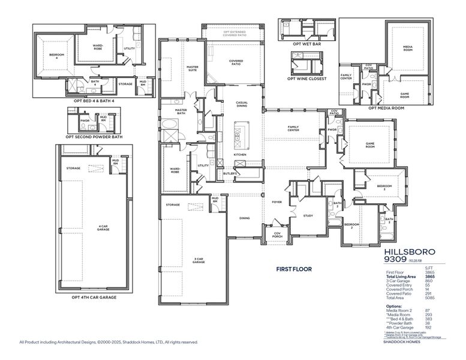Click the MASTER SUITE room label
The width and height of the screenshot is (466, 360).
pos(193,68)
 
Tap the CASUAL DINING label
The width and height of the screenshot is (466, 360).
pos(242,104)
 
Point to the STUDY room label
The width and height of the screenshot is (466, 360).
pos(308,215)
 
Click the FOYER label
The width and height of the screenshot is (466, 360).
pos(276,202)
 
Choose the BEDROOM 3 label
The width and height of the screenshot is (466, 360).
pos(384,187)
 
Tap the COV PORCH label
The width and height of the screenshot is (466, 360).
pos(278,235)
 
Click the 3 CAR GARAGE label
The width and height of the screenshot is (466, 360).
pos(199,260)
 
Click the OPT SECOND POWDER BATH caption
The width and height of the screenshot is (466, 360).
pos(93,136)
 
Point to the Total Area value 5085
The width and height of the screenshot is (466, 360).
pos(429,298)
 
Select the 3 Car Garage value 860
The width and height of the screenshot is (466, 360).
pos(429,281)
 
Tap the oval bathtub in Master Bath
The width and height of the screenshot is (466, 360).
pos(170,126)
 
